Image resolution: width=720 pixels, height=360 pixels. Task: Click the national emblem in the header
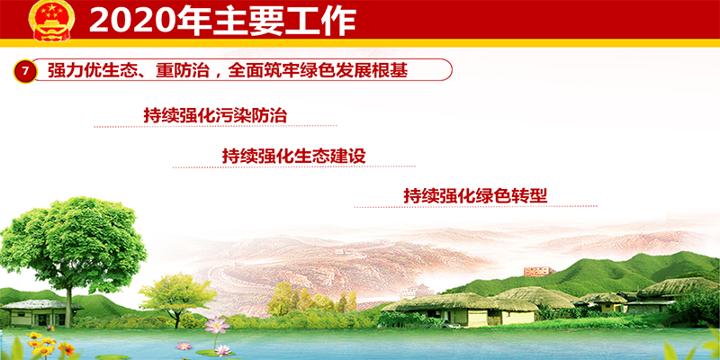coord(51,21)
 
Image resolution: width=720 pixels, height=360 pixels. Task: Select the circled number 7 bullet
coord(25,71)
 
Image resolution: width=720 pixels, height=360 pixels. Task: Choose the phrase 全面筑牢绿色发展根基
coord(318,71)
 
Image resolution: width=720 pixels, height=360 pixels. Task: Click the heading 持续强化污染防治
coord(215,115)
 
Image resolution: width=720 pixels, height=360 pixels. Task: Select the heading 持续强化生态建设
coord(294,156)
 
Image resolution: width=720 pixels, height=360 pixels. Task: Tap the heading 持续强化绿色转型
coord(476,196)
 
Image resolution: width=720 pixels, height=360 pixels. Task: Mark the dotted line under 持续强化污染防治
coord(215,126)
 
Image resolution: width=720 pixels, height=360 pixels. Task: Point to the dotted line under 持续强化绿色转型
coord(476,207)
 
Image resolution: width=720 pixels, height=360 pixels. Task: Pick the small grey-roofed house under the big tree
coord(40,313)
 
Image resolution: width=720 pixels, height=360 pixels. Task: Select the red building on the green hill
coord(539,272)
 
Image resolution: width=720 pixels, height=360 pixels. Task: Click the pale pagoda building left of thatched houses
coord(417,291)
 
